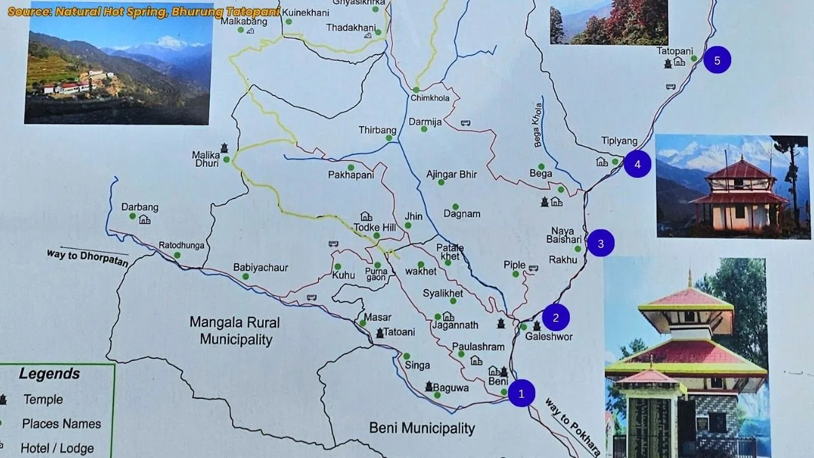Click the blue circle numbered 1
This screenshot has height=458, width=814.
point(521,393)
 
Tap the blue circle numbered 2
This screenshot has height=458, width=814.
point(556,316)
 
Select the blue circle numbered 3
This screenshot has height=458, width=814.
point(600,242)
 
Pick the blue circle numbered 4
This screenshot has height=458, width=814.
point(637,164)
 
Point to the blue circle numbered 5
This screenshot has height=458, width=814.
point(717,60)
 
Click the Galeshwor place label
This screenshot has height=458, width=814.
point(549,337)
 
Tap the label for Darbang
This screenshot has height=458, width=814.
point(139,207)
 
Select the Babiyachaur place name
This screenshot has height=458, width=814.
point(260,267)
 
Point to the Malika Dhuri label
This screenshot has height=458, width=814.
point(206,159)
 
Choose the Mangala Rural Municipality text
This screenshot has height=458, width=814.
point(235,330)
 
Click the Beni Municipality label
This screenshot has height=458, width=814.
point(422,427)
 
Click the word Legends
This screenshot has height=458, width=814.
point(49,374)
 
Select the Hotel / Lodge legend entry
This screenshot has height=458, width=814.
point(57,448)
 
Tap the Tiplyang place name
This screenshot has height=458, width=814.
point(619,141)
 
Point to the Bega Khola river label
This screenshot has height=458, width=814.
point(539,125)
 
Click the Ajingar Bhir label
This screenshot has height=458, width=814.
point(452,174)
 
